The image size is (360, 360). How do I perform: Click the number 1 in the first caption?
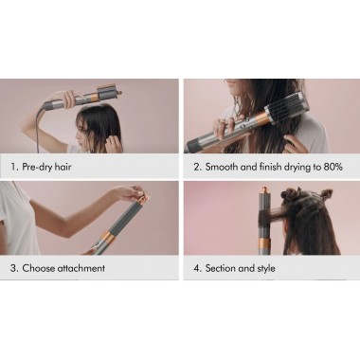pos(13,167)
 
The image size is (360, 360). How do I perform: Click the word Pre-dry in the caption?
pos(36,167)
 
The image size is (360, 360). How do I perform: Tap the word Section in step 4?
pos(226,268)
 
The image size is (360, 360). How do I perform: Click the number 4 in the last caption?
pos(197,268)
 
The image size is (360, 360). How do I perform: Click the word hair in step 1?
pos(69,167)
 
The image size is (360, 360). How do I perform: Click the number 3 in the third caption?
pos(13,268)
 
